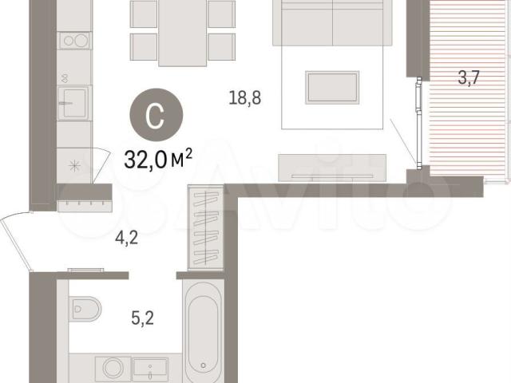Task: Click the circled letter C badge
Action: coord(156,115)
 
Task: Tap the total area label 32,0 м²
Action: coord(158,160)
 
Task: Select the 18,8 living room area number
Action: coord(245,97)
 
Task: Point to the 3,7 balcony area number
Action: coord(469,77)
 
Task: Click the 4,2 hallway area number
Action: coord(126,238)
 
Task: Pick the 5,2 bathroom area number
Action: coord(142,318)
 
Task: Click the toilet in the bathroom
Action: coord(85,308)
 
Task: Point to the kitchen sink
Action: coord(74,103)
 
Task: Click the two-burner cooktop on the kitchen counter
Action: coord(74,41)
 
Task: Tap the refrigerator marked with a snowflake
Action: coord(74,166)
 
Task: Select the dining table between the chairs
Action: coord(183,33)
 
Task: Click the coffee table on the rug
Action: coord(332,87)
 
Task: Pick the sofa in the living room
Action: coord(332,23)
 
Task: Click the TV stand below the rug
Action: coord(332,168)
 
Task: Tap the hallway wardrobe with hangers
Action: coord(205,227)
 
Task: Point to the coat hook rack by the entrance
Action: coord(85,206)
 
